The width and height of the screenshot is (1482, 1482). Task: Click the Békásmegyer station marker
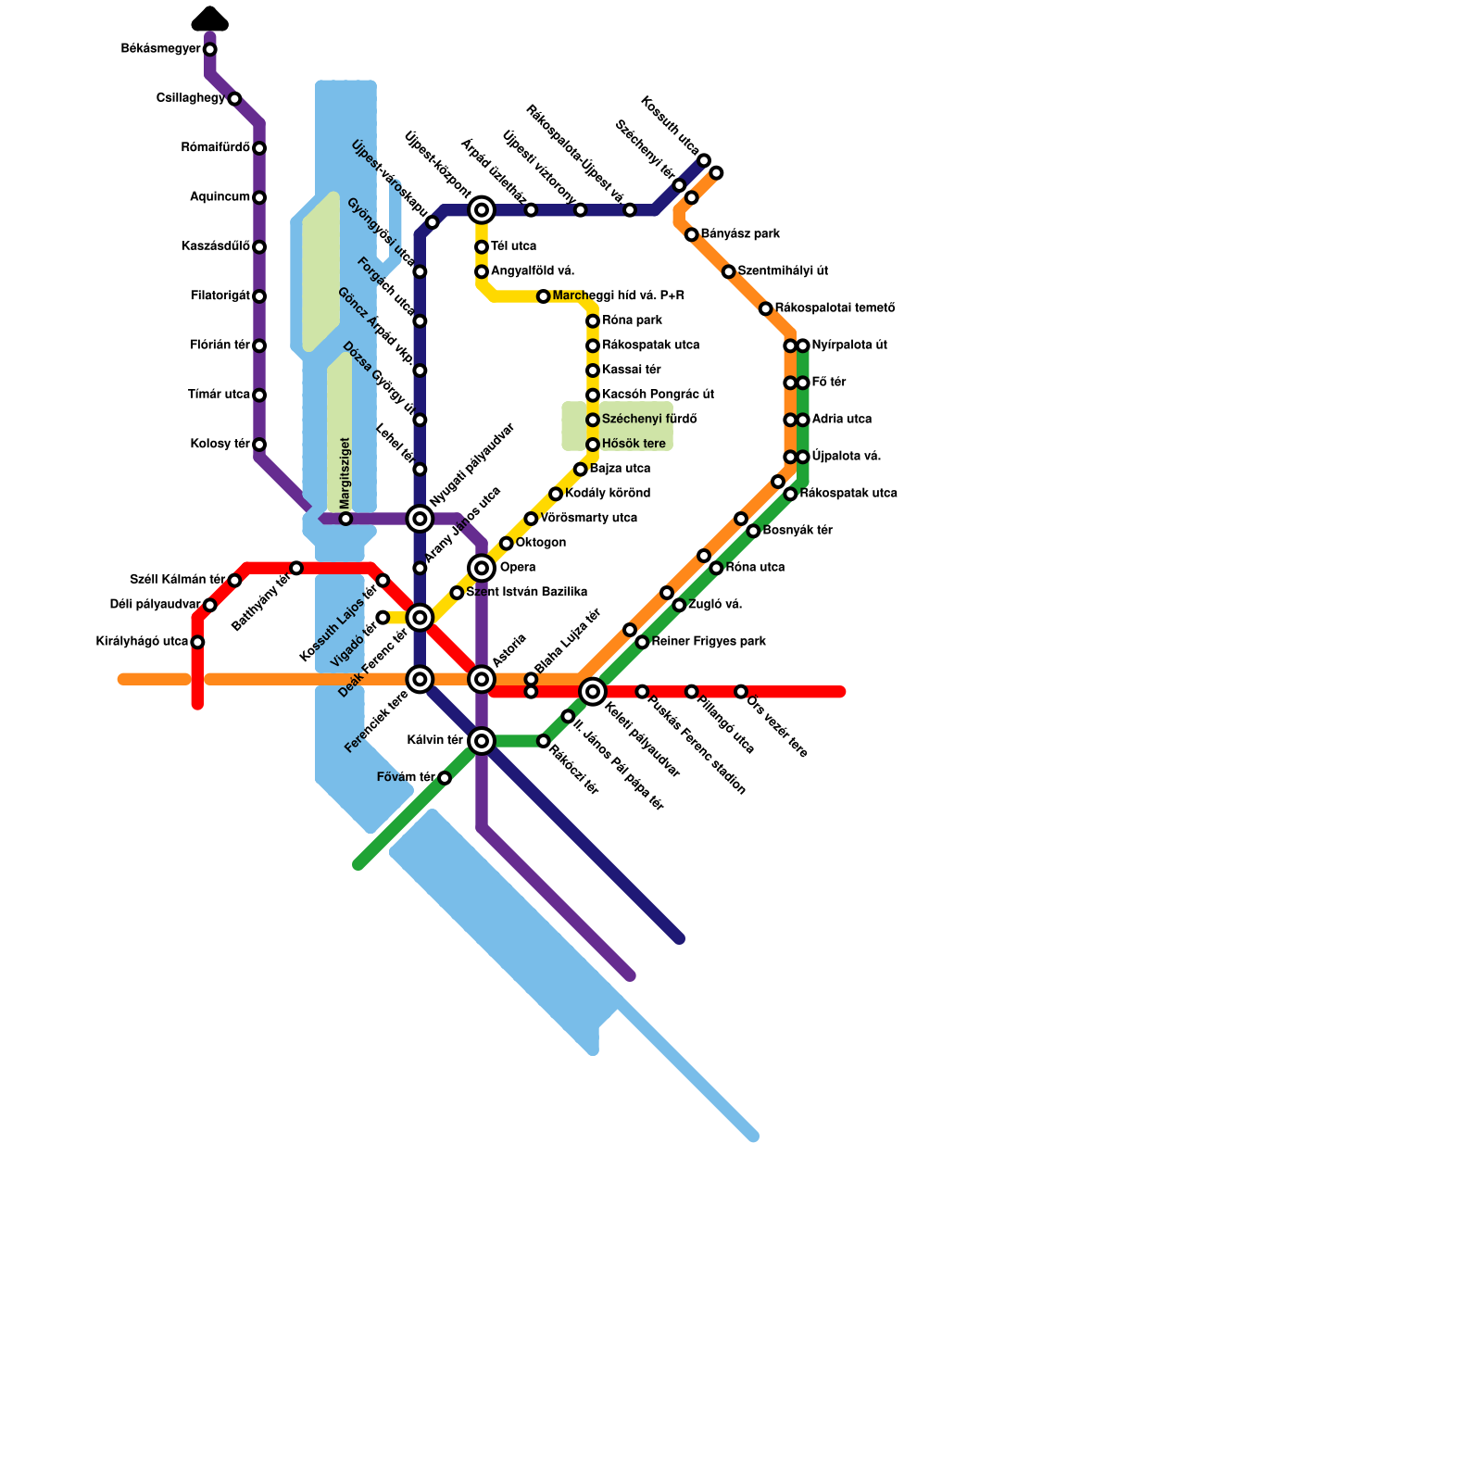tap(210, 49)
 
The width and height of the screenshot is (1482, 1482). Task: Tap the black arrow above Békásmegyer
tap(210, 19)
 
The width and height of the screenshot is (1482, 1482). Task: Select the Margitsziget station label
tap(345, 474)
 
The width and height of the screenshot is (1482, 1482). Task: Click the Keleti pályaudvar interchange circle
tap(593, 691)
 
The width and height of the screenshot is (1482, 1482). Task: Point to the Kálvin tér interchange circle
tap(482, 741)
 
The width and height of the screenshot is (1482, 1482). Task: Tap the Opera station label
tap(518, 568)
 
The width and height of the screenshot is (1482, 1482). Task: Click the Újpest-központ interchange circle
tap(482, 210)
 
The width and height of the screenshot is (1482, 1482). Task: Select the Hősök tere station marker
tap(593, 445)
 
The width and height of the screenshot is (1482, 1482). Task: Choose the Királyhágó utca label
tap(142, 642)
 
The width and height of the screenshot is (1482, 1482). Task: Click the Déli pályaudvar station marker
tap(210, 605)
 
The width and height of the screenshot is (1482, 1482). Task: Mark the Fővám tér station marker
tap(445, 778)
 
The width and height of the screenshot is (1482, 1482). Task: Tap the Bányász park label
tap(740, 234)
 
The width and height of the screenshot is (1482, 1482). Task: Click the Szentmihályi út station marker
tap(729, 271)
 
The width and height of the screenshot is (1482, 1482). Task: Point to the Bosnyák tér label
tap(798, 531)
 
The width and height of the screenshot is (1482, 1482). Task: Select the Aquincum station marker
tap(259, 197)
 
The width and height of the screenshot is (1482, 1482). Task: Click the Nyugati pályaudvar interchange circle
tap(420, 519)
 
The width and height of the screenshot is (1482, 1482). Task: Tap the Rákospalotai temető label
tap(835, 308)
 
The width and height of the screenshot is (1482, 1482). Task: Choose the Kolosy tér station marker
tap(259, 445)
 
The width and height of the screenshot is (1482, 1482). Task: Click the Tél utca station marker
tap(482, 247)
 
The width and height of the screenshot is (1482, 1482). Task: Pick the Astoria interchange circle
tap(482, 679)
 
